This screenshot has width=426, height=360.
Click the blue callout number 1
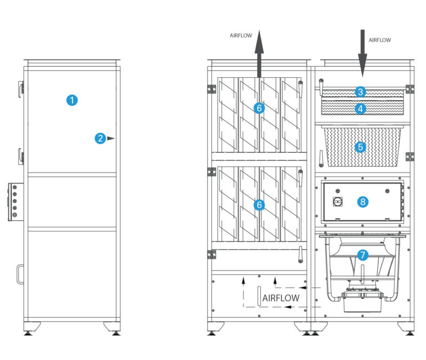72,100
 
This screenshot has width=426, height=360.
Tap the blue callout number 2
100,138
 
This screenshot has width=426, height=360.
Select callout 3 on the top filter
361,92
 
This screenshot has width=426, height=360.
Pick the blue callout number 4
361,108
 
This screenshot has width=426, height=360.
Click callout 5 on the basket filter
361,146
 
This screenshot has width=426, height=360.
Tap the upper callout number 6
259,108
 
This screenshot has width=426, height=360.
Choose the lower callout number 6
259,204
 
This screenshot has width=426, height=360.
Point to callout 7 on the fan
363,255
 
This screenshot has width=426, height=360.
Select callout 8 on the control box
363,202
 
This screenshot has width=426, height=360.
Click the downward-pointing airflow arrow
362,53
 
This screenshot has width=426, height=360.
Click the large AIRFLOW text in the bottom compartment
281,298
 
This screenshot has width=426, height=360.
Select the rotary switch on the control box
337,202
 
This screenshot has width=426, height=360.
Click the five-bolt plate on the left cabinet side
14,202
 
